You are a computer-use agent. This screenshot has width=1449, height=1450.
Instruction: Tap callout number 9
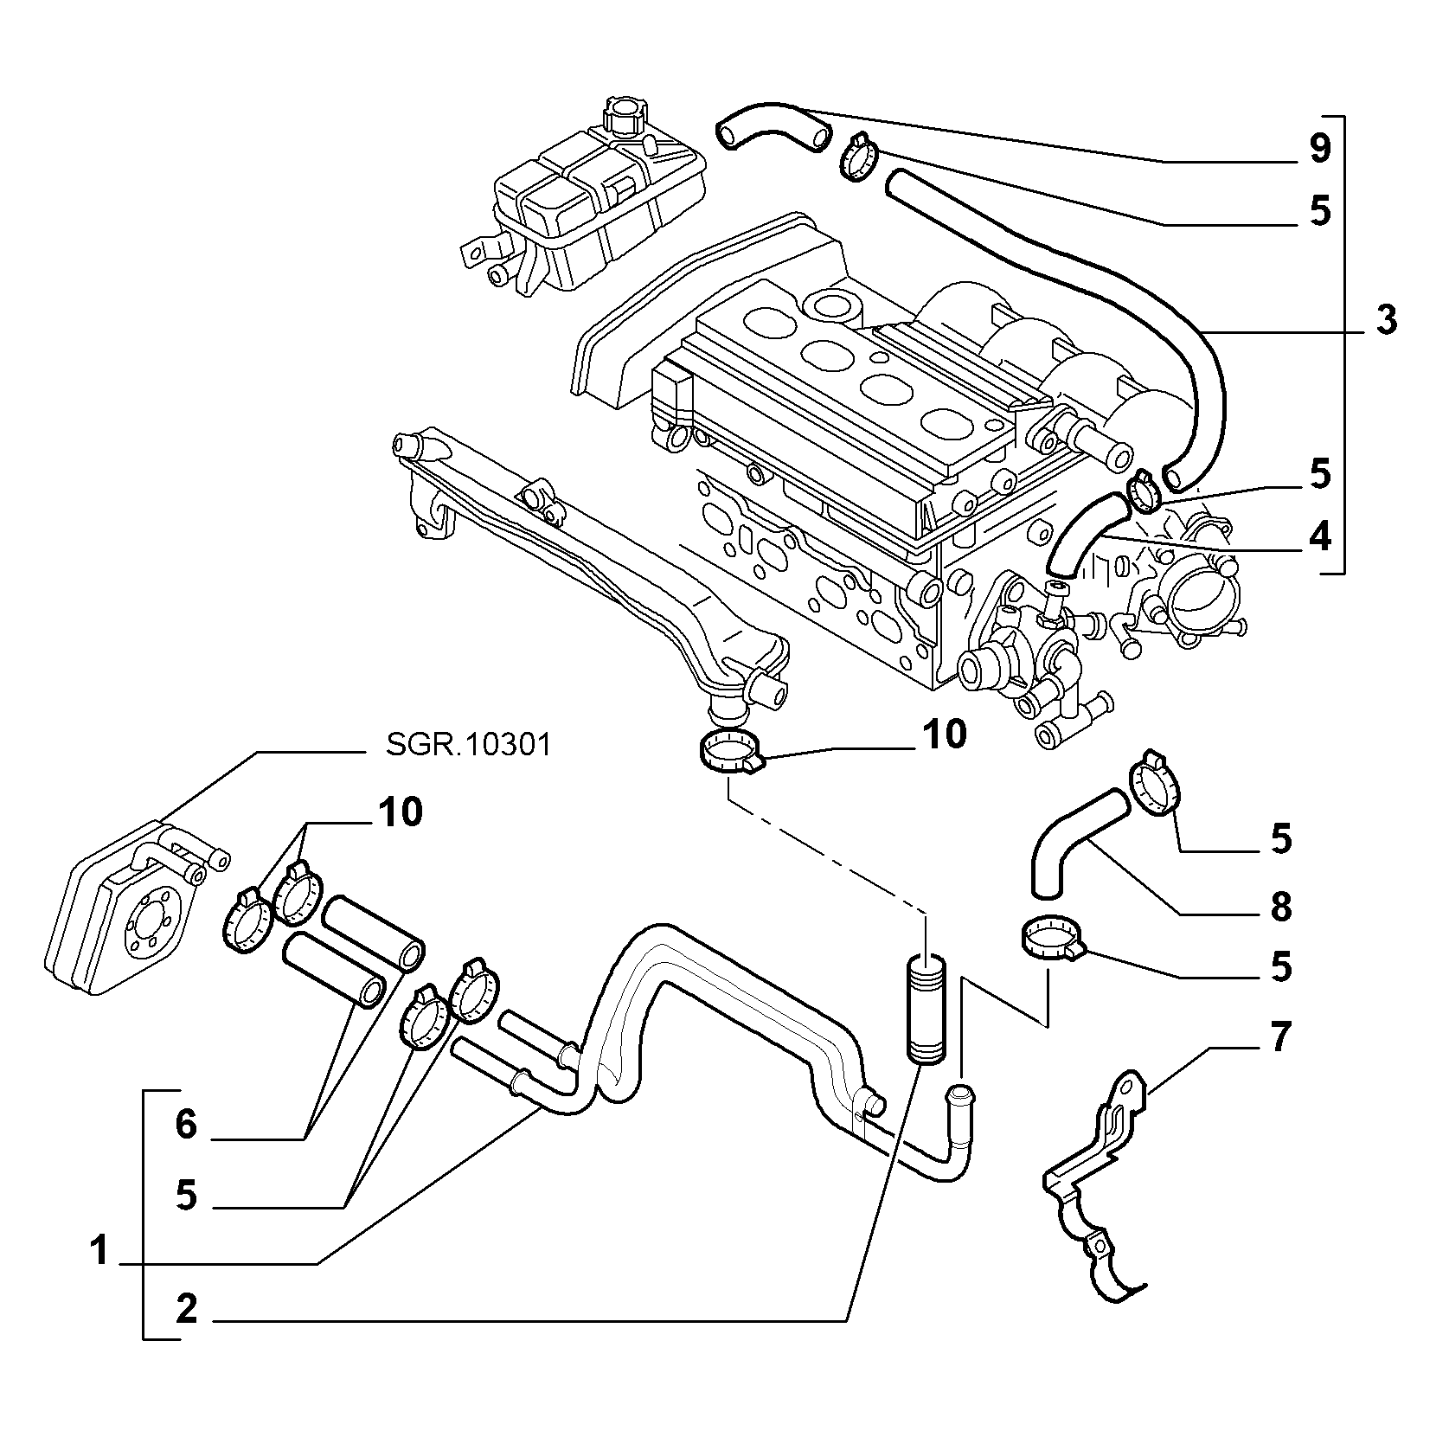tap(1318, 148)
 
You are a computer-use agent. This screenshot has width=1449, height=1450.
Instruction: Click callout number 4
tap(1319, 538)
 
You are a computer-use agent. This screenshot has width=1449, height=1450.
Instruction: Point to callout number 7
tap(1279, 1036)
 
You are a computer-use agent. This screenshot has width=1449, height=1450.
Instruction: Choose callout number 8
tap(1280, 907)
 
